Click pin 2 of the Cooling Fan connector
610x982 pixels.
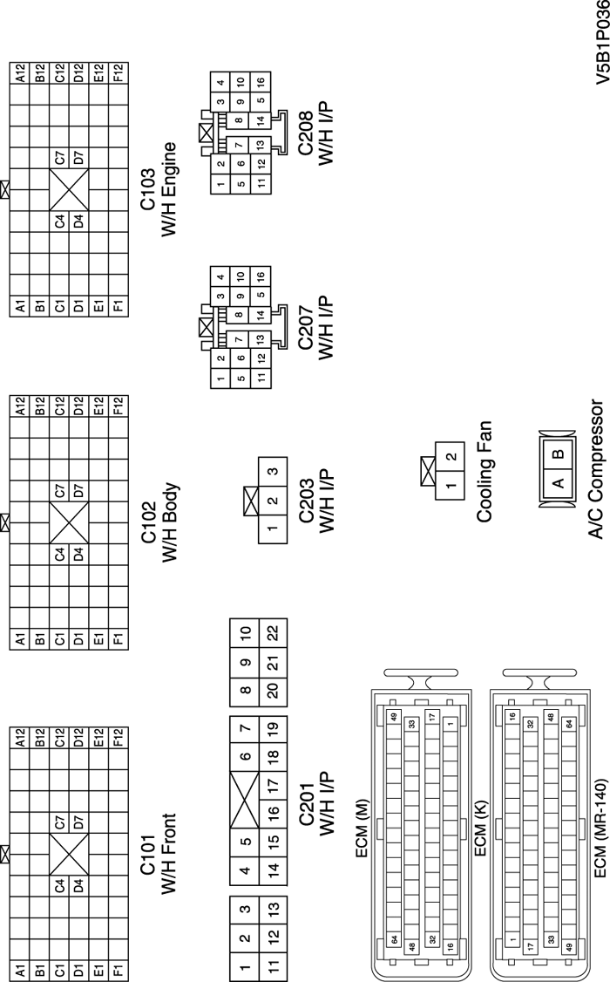coord(450,456)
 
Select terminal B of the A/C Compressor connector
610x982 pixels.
coord(559,453)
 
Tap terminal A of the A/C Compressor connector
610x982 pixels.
coord(559,482)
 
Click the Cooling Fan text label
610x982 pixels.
coord(485,472)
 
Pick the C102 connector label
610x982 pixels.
coord(149,515)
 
